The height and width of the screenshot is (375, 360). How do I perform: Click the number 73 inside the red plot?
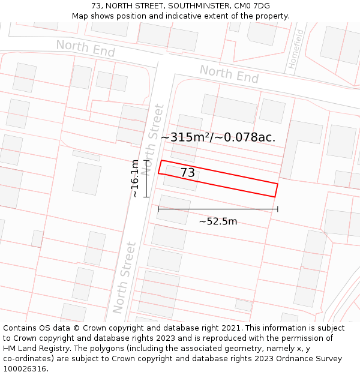[187, 173]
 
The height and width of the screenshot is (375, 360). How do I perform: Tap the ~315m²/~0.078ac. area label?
[218, 137]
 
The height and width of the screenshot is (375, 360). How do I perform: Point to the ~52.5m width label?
[218, 221]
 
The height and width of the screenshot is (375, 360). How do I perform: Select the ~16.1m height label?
[135, 178]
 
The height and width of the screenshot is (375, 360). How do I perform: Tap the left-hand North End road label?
[85, 49]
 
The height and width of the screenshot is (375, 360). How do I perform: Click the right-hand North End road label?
[229, 74]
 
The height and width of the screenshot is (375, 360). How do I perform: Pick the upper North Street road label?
[155, 139]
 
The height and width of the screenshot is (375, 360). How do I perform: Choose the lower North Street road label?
[125, 277]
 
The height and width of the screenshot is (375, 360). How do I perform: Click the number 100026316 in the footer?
[25, 369]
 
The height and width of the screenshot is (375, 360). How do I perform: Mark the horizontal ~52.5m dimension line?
[218, 209]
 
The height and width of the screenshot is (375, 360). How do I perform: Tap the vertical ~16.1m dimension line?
[146, 178]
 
